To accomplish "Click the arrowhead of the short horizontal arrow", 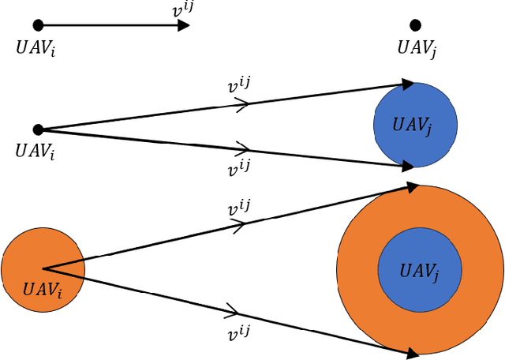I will (183, 25).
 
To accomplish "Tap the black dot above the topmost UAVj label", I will (416, 25).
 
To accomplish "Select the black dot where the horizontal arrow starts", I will (38, 25).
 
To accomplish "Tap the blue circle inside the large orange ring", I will (419, 270).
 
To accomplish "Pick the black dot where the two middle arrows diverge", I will (38, 129).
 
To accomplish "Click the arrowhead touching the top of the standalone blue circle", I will (407, 83).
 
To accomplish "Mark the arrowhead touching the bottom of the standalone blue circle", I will (407, 166).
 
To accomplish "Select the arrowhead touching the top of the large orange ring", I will (412, 187).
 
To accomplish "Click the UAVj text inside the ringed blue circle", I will (419, 272).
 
